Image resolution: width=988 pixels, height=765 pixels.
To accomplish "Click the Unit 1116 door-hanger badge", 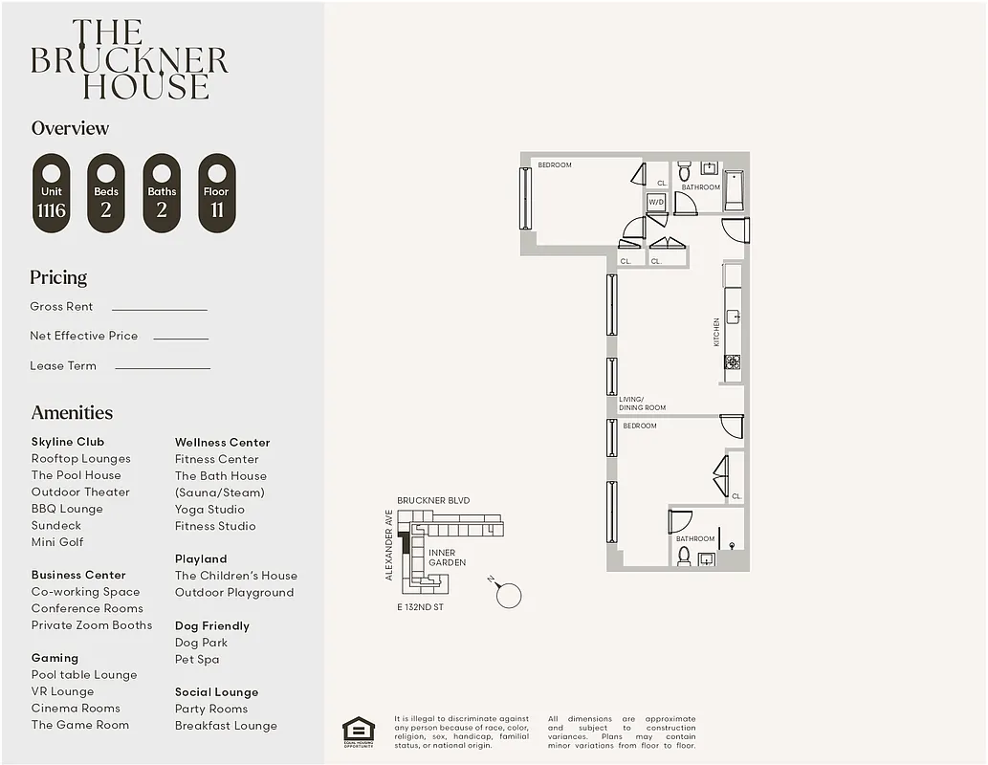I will (x=52, y=193).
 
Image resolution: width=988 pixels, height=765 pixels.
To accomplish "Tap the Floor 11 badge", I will (x=217, y=193).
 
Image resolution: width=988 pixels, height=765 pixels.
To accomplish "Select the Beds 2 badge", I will (x=106, y=193).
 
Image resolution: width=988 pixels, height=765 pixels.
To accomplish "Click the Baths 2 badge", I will (x=162, y=193).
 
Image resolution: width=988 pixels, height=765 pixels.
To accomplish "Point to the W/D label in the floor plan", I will (x=656, y=203).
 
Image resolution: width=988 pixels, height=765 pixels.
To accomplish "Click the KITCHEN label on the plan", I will (x=716, y=332).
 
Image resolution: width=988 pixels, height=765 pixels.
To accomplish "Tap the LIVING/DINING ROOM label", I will (x=642, y=404).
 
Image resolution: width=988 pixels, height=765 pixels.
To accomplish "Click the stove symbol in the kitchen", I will (x=732, y=361).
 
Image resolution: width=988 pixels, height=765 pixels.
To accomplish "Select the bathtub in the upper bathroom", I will (x=734, y=190).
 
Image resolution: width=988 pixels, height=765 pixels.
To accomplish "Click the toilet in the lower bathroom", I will (x=684, y=555).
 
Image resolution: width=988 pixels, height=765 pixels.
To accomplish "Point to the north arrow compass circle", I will (x=509, y=595).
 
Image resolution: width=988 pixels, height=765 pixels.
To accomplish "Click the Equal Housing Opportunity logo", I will (x=359, y=732).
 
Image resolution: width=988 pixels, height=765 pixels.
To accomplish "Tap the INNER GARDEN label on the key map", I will (x=447, y=557).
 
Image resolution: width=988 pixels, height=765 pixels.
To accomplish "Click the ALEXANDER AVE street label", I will (x=389, y=545).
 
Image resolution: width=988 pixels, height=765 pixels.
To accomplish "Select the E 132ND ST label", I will (x=421, y=607).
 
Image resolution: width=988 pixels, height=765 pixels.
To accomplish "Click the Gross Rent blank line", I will (x=159, y=309).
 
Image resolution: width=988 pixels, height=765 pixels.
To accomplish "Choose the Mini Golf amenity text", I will (x=57, y=542).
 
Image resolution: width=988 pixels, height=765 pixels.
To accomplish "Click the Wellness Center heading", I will (x=222, y=443).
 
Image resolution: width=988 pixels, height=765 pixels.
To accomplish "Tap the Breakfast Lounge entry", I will (x=226, y=726).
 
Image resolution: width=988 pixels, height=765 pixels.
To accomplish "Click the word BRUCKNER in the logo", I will (x=129, y=60).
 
